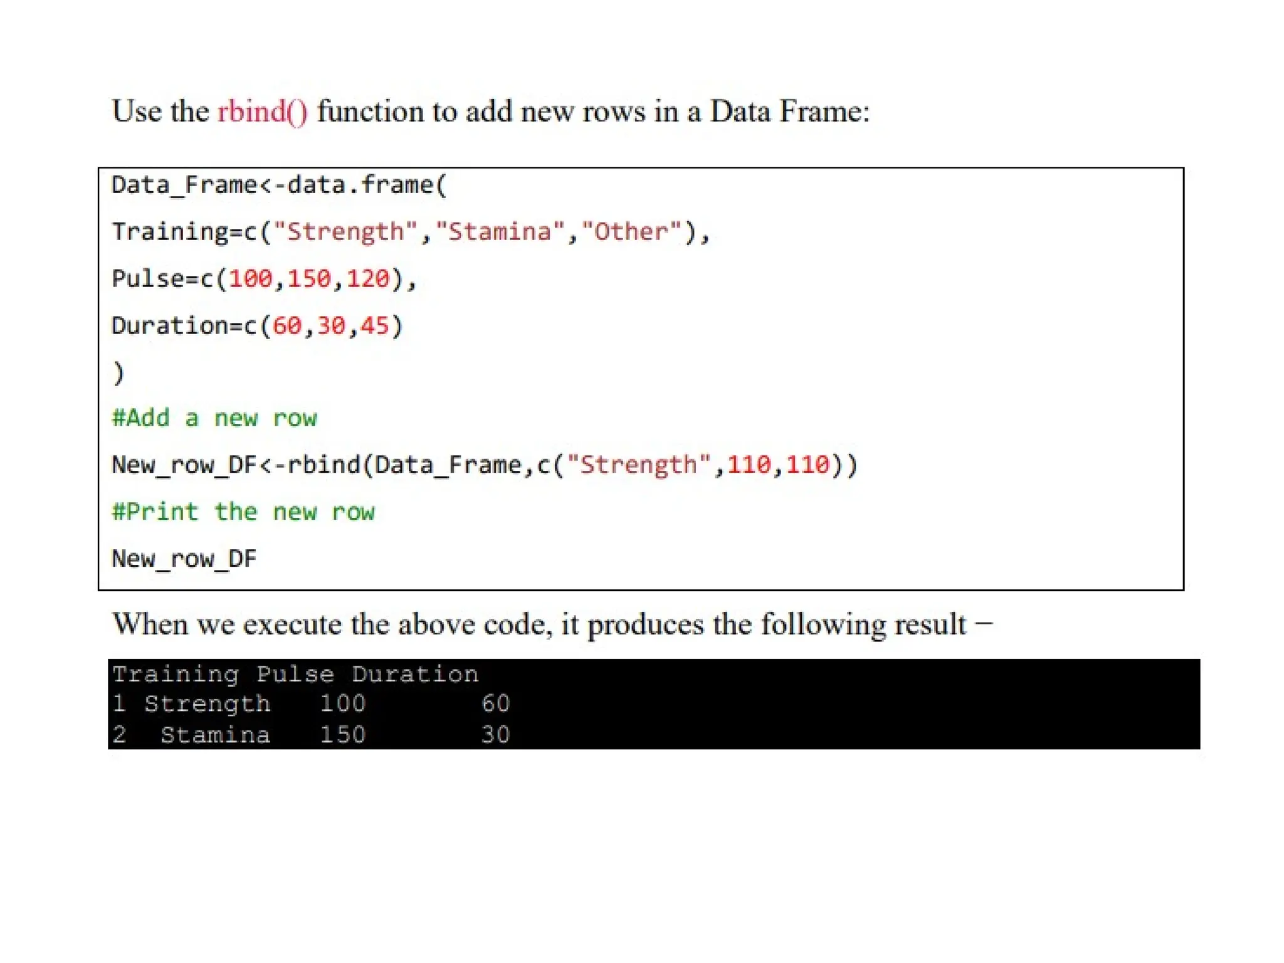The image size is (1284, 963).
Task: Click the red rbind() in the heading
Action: [x=262, y=112]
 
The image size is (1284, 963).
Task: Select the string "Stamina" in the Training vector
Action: [x=499, y=231]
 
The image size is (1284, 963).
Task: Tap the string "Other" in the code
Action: [x=631, y=231]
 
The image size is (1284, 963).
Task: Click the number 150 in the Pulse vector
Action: [x=308, y=278]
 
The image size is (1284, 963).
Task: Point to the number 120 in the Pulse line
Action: [x=367, y=278]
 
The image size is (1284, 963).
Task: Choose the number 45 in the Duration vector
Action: [x=374, y=325]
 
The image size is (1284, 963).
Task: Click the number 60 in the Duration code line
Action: [x=287, y=325]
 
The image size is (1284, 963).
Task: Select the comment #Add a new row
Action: [x=214, y=418]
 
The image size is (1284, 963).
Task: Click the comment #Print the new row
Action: [x=243, y=512]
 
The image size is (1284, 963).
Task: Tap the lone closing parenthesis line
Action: [x=118, y=372]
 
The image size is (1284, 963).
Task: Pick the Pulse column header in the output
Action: [x=295, y=674]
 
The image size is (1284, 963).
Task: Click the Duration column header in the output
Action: [x=414, y=674]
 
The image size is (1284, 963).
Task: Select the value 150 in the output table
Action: [x=342, y=734]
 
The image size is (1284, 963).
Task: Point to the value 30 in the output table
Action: [x=495, y=734]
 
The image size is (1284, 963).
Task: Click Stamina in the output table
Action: [x=215, y=734]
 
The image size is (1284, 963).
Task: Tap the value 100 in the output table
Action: [x=342, y=703]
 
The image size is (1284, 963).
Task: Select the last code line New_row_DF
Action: [x=184, y=558]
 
